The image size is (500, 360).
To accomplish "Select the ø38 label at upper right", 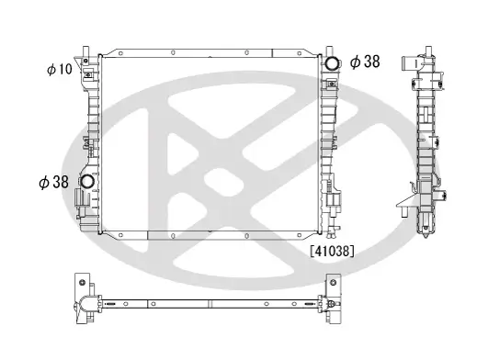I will (364, 62).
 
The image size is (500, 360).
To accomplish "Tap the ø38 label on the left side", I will (54, 182).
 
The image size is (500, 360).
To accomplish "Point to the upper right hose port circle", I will (330, 63).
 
